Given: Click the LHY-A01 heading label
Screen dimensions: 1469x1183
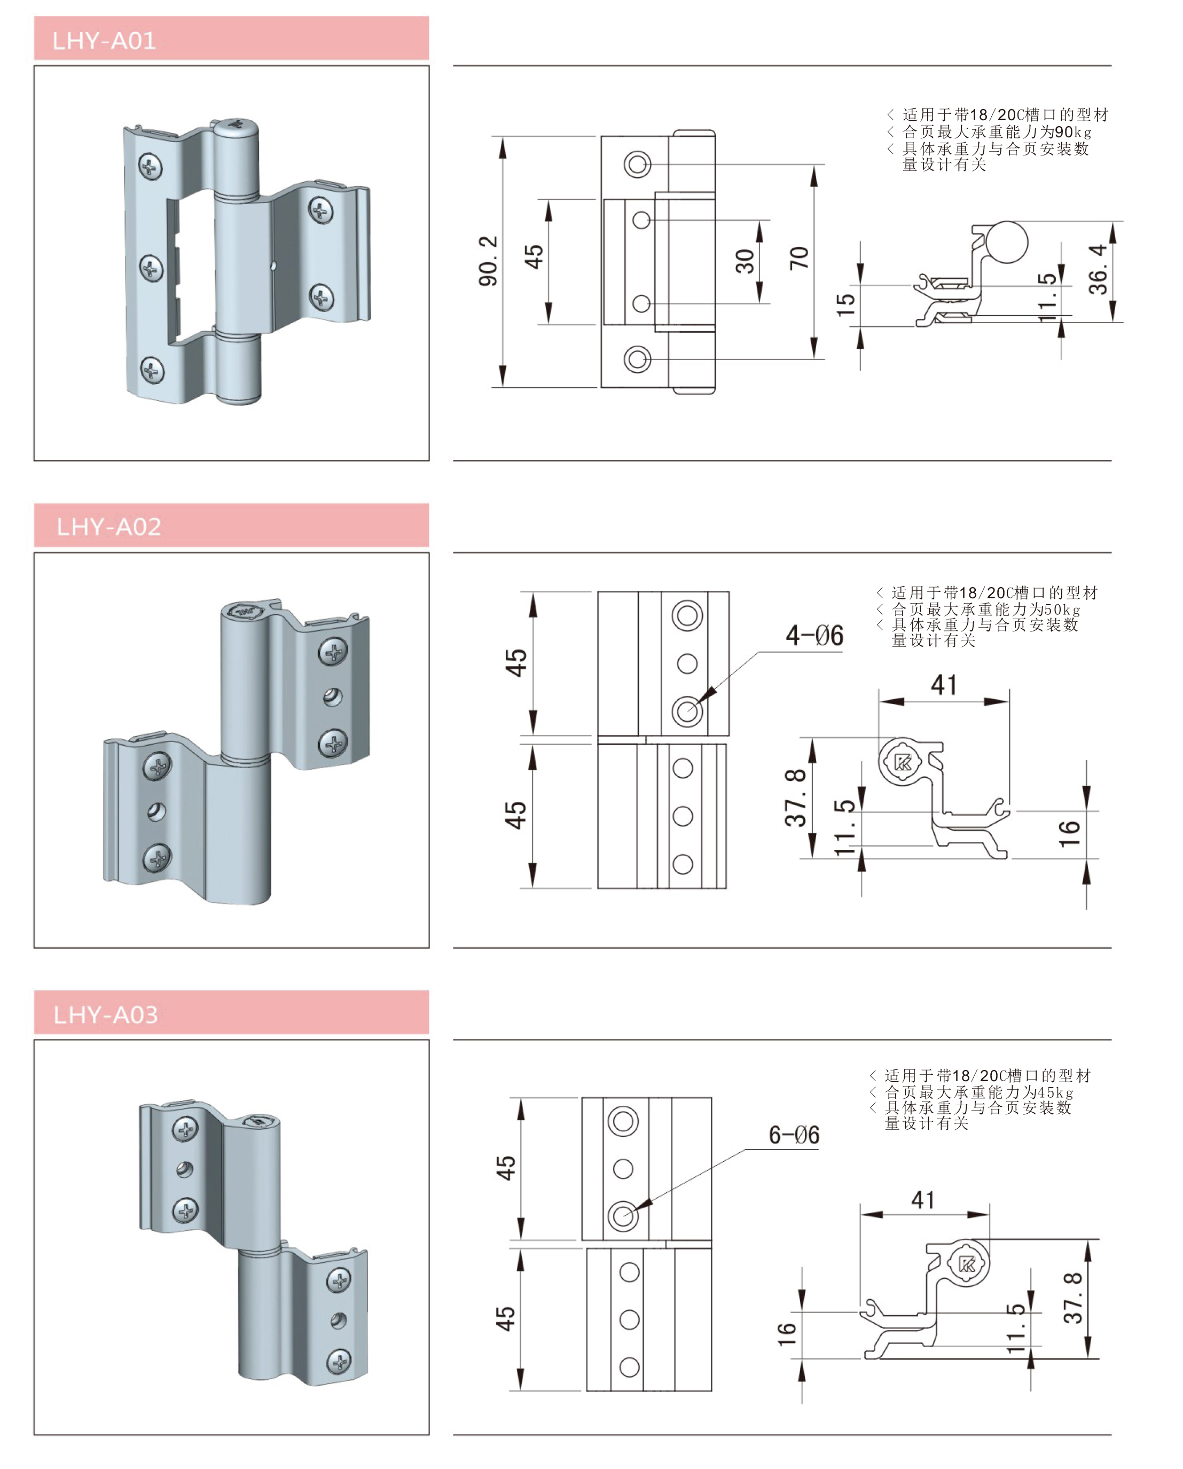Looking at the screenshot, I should pos(104,41).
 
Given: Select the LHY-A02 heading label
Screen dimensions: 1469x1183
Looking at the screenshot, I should pos(108,527).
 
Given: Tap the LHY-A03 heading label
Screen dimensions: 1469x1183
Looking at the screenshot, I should pos(106,1015).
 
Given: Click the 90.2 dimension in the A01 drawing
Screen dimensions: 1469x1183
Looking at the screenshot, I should pos(489,261).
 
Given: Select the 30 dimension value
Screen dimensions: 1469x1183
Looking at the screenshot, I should pos(745,261).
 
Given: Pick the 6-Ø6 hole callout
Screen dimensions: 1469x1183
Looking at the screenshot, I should pos(794,1135).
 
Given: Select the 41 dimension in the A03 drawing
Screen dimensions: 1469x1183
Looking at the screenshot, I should pos(923,1200).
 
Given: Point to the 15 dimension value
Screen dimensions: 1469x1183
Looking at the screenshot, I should pos(845,304).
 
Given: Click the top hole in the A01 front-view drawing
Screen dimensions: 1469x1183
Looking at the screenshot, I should pos(637,165).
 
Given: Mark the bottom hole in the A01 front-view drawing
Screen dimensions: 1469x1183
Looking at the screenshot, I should pos(637,360).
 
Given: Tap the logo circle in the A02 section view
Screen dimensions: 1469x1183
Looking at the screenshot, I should pos(903,762).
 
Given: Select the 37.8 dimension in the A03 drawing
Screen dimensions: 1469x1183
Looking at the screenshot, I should pos(1072,1298).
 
